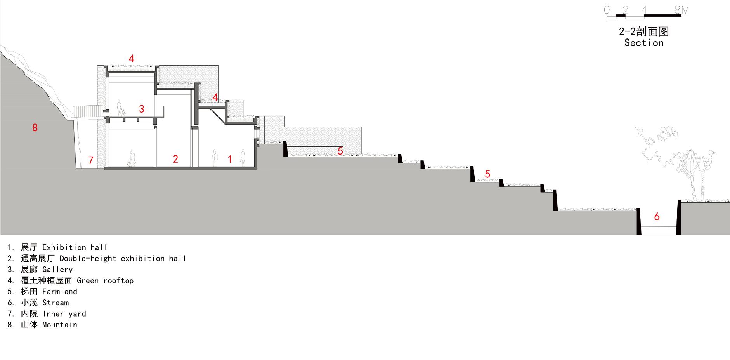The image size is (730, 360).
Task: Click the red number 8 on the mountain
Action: [x=35, y=127]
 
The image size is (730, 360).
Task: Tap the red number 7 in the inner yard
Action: [x=91, y=160]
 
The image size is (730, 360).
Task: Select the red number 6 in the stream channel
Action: [x=657, y=216]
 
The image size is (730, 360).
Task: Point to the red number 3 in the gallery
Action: [x=141, y=109]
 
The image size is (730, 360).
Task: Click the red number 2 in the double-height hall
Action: [x=175, y=158]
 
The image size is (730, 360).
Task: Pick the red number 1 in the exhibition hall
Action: [x=229, y=159]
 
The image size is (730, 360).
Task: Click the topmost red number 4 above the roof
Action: [x=132, y=59]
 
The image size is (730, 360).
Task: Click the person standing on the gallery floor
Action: [x=120, y=108]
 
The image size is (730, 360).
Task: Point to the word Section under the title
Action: [x=644, y=43]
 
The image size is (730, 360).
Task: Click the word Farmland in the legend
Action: [x=59, y=292]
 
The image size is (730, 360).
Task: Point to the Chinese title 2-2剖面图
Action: [x=644, y=31]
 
